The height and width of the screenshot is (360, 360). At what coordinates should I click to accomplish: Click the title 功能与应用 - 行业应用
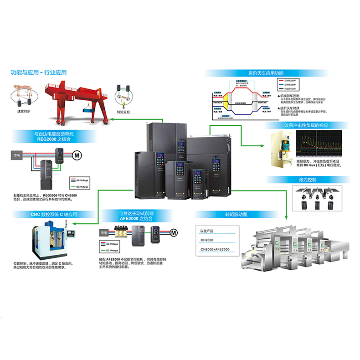tap(39, 72)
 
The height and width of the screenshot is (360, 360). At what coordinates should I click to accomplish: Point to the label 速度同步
tap(24, 111)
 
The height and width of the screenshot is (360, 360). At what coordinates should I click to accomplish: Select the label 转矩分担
tap(123, 111)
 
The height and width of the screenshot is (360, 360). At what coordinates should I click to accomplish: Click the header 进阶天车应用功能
tap(266, 73)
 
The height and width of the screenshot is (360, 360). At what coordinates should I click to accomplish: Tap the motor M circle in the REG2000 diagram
tap(77, 155)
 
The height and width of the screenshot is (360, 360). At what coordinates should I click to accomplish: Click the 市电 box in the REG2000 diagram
tap(15, 155)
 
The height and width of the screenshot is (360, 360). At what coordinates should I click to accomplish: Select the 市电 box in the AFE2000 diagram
tap(104, 232)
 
